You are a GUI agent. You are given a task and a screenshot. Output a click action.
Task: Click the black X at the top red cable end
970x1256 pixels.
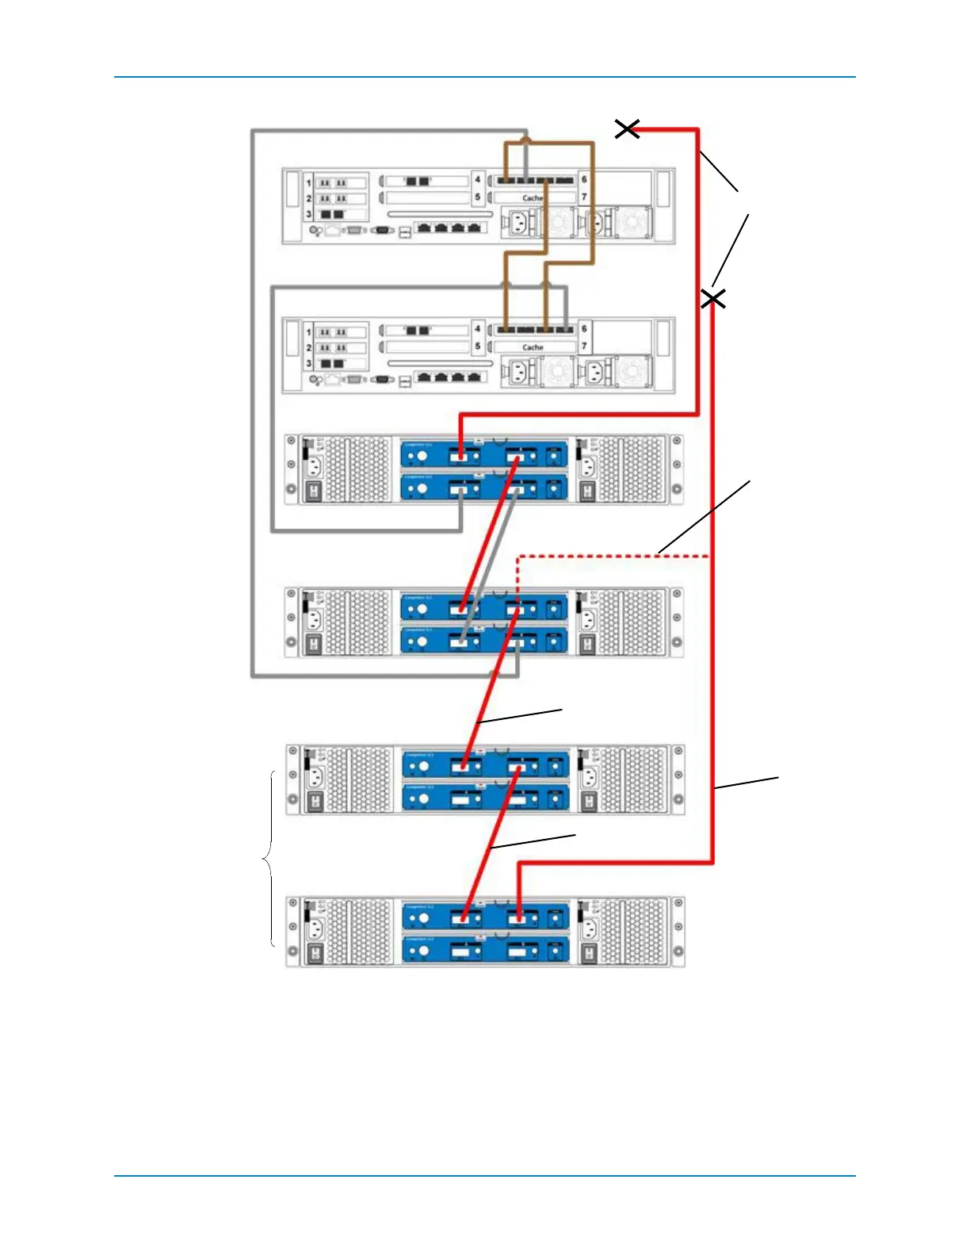(x=627, y=128)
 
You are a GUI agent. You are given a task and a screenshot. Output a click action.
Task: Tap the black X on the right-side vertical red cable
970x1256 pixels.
(x=713, y=299)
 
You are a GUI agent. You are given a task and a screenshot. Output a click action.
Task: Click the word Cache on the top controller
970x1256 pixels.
(x=533, y=198)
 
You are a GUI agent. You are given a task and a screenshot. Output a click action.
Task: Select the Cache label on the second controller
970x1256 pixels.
(x=533, y=347)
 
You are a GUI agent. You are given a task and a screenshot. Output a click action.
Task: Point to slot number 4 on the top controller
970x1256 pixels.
(x=477, y=180)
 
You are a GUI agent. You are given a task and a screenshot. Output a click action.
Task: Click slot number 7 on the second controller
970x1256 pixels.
(x=584, y=346)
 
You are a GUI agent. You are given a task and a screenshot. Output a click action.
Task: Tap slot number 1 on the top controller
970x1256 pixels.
(x=309, y=183)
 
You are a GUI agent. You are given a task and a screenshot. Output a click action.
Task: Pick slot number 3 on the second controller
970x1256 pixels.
(x=309, y=363)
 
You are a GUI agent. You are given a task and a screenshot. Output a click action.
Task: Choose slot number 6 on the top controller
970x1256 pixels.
(x=584, y=180)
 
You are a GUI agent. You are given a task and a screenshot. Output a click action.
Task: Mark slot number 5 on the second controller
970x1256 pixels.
(x=477, y=346)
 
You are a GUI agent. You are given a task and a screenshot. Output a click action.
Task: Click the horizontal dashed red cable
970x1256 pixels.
(x=610, y=557)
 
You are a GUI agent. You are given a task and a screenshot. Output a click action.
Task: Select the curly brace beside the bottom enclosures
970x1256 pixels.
(x=269, y=859)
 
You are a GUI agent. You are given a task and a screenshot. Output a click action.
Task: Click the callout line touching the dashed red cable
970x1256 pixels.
(x=704, y=516)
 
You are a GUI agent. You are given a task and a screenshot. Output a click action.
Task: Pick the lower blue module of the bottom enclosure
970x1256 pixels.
(x=485, y=949)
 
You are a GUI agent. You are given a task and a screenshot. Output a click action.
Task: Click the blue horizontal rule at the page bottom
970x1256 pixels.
(x=485, y=1175)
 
